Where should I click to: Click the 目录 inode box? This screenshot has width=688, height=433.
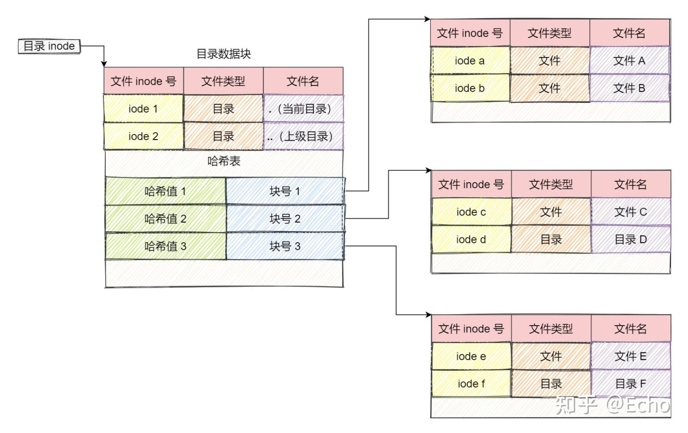coord(49,46)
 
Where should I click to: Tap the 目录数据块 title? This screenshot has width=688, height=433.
coord(224,54)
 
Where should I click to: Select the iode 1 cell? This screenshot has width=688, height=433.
coord(143,109)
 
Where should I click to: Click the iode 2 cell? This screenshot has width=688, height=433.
coord(143,136)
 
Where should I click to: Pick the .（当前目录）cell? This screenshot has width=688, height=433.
coord(303,109)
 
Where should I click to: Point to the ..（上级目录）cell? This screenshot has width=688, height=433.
coord(303,136)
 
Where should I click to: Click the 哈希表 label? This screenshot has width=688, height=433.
coord(224,161)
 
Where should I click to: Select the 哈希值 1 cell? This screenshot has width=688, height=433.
coord(165,191)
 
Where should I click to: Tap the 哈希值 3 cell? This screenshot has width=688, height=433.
coord(165,246)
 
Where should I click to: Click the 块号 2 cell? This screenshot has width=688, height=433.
coord(285,219)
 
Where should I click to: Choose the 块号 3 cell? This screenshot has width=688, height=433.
coord(285,246)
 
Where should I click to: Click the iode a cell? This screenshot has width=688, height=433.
coord(470,61)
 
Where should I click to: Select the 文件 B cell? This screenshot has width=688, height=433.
coord(629,88)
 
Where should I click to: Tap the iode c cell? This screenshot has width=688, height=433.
coord(471,212)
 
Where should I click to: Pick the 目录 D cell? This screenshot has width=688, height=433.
coord(630,240)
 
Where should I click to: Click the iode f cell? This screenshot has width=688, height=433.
coord(471,384)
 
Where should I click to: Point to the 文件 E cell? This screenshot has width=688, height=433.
coord(630,356)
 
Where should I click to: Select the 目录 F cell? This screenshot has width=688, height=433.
coord(630,384)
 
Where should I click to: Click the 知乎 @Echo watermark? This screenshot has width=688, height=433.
coord(613,405)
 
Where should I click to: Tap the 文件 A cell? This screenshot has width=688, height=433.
coord(629,61)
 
